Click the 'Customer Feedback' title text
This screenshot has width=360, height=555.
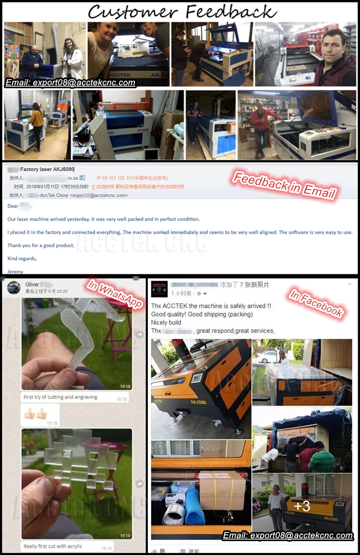(181, 11)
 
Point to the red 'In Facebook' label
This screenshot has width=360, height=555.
(316, 303)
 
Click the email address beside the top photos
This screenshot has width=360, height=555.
(70, 83)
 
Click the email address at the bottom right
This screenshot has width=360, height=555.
(288, 535)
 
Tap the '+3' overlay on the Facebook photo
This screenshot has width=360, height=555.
(301, 506)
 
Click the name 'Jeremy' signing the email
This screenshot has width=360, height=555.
(16, 272)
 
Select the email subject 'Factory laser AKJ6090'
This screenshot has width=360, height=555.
(47, 169)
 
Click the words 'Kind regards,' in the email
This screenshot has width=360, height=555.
(22, 259)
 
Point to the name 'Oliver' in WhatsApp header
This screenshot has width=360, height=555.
(32, 284)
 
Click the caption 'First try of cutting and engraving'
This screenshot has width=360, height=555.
(60, 397)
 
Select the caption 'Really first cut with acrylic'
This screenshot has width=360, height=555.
(53, 546)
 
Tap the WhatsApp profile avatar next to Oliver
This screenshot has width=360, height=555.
(13, 287)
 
